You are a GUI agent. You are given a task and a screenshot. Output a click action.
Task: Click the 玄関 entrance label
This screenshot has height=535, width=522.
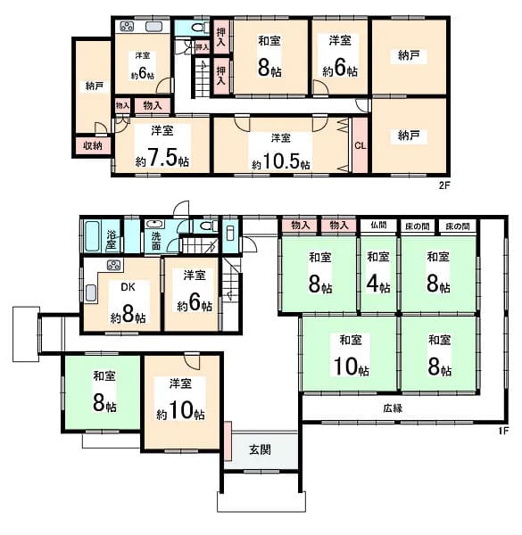(x=261, y=450)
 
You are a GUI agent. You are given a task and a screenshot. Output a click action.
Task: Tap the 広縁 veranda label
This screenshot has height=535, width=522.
(x=393, y=408)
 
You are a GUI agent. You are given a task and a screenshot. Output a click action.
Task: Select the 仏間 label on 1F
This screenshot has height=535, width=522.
(x=378, y=226)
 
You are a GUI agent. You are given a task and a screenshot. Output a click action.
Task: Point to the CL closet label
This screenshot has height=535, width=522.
(x=360, y=146)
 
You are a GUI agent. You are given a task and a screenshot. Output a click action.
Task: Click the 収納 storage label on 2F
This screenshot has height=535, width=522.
(x=93, y=145)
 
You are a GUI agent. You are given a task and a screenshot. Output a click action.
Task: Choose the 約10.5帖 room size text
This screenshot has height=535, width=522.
(x=280, y=161)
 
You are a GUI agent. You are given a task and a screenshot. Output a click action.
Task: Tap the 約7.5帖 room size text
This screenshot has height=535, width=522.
(x=162, y=158)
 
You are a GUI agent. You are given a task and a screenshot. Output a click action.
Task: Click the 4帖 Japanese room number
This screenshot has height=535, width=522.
(x=378, y=284)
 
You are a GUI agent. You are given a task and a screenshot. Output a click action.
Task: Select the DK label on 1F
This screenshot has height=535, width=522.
(x=128, y=287)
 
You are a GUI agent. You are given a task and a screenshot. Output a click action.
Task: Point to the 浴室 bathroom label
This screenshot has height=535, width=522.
(x=112, y=240)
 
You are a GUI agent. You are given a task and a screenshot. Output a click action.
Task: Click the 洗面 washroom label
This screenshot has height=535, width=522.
(x=156, y=241)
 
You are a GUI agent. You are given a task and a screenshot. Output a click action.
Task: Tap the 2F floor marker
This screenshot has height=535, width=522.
(x=445, y=185)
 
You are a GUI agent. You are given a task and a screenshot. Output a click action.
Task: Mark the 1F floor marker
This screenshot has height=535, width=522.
(x=503, y=431)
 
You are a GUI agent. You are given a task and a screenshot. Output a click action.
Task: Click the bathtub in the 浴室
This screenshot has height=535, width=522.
(x=92, y=236)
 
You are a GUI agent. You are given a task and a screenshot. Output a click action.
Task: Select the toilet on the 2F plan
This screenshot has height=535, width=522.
(x=199, y=28)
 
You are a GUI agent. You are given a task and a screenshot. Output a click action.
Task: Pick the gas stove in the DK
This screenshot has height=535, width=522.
(x=113, y=265)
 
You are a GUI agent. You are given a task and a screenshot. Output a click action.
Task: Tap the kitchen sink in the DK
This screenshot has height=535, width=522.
(x=90, y=293)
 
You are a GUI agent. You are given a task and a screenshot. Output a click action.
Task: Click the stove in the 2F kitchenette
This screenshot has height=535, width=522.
(x=127, y=27)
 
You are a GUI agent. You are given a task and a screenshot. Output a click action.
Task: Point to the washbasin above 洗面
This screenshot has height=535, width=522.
(x=155, y=224)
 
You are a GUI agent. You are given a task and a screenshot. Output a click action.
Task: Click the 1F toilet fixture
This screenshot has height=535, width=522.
(x=208, y=226)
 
